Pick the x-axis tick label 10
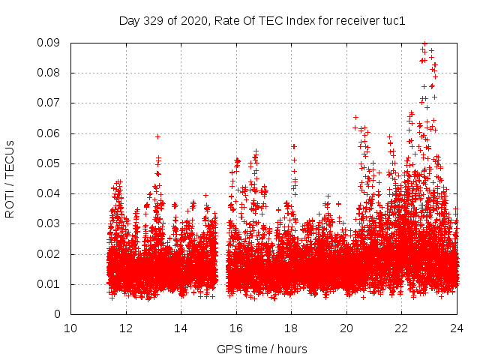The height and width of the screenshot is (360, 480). [x=70, y=328]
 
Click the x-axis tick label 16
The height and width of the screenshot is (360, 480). [x=236, y=328]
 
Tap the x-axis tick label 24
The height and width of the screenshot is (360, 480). [x=457, y=328]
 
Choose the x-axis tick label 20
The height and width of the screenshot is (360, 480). [x=346, y=328]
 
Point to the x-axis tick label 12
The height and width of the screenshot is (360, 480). [x=126, y=328]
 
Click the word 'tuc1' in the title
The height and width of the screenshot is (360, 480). [x=394, y=21]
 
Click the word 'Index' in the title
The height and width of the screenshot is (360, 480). [x=296, y=21]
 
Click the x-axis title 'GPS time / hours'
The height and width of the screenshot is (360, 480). [x=262, y=349]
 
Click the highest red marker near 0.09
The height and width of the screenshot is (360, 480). [x=424, y=43]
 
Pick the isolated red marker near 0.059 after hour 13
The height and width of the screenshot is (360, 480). [x=157, y=136]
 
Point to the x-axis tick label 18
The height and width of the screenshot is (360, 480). [x=291, y=328]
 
